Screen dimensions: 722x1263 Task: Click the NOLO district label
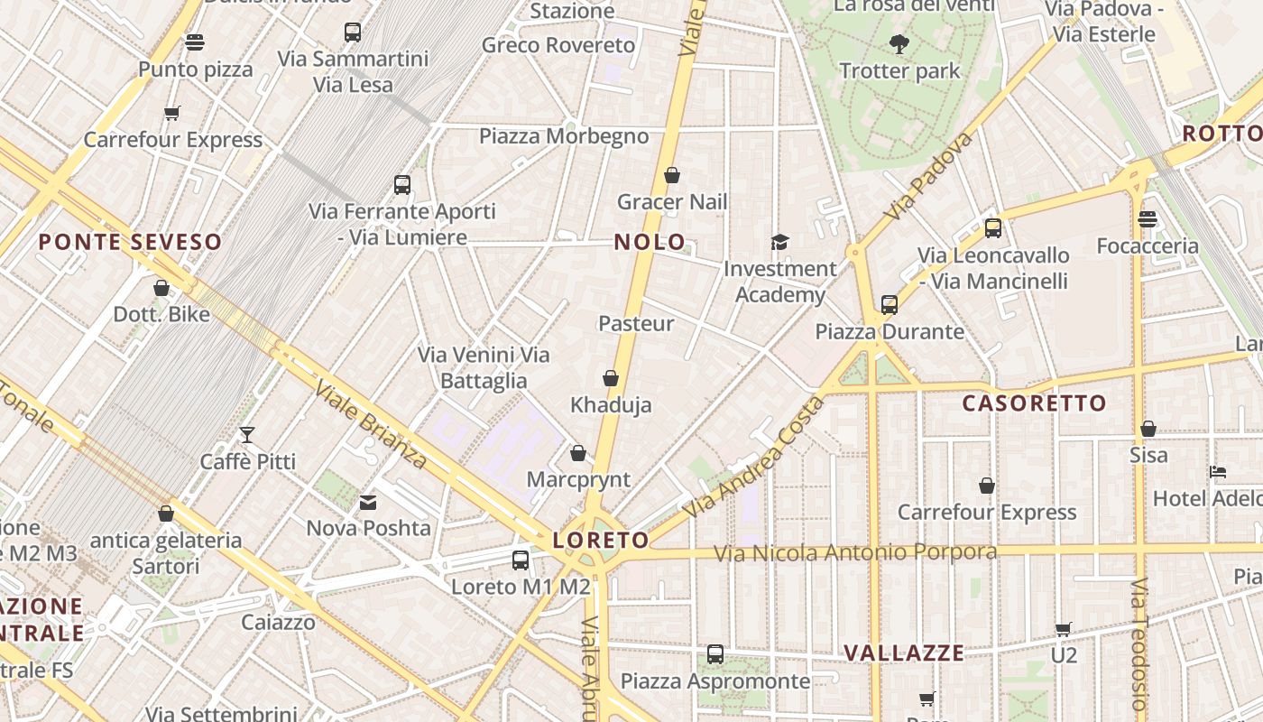coord(650,242)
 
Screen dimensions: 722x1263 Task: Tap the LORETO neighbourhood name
coord(600,541)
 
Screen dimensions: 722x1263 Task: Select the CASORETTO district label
coord(1034,403)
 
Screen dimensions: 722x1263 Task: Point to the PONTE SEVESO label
coord(130,242)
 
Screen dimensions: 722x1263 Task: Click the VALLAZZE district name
coord(904,653)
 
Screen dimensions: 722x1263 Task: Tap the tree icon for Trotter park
coord(899,43)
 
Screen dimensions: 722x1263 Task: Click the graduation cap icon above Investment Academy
coord(779,242)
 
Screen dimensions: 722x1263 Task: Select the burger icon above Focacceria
coord(1147,218)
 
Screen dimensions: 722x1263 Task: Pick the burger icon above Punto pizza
coord(195,42)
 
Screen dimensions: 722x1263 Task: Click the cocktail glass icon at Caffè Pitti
coord(247,435)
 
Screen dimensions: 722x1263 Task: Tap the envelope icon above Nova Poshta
coord(368,502)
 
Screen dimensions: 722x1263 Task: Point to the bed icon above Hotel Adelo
coord(1217,472)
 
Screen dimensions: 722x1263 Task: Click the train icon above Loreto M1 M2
coord(521,560)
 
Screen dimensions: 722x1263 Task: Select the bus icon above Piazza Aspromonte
coord(715,653)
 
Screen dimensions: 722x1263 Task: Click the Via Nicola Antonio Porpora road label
coord(855,552)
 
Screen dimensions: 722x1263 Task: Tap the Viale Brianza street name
coord(372,423)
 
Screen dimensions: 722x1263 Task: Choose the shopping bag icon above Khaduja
coord(611,378)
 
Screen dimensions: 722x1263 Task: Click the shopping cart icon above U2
coord(1064,628)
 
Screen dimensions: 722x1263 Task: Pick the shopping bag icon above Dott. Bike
coord(161,288)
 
